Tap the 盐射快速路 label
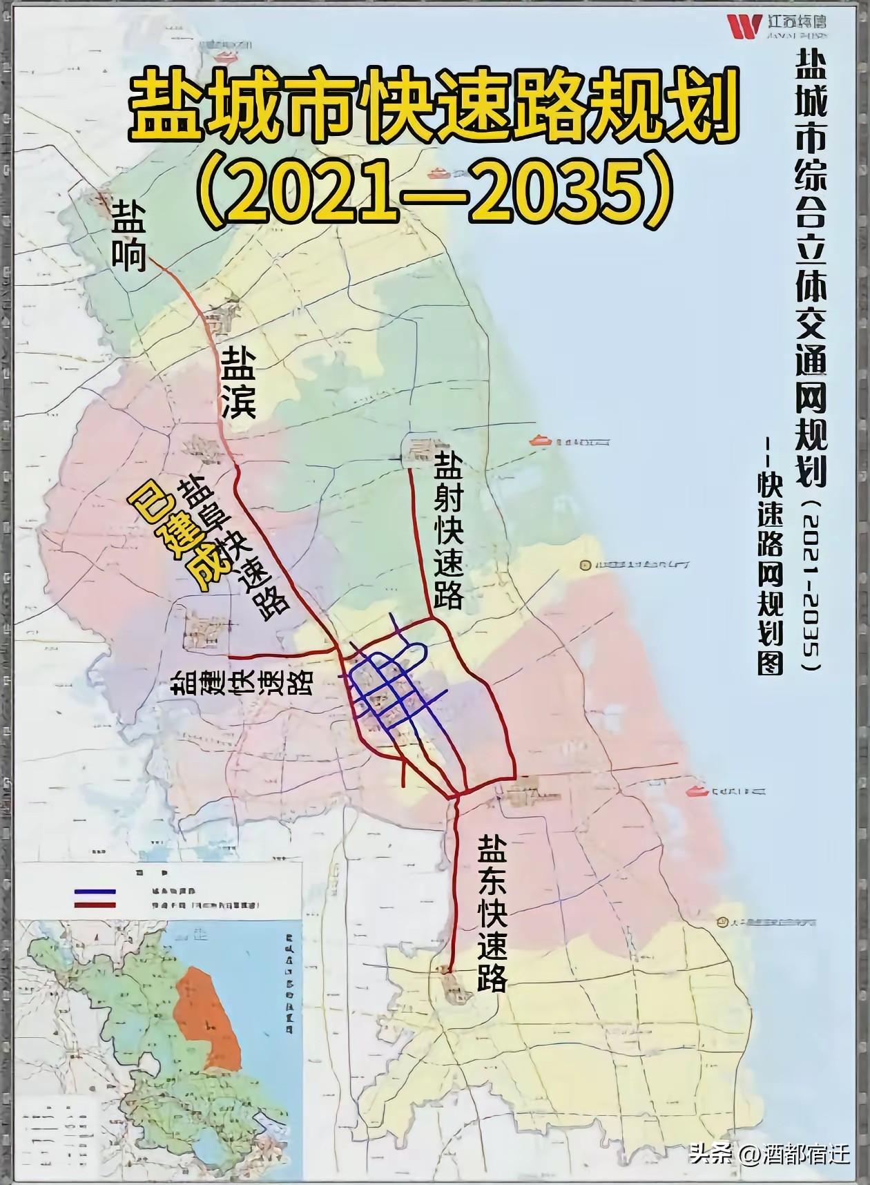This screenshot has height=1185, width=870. pos(447,530)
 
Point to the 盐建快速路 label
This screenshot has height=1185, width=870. pos(242,682)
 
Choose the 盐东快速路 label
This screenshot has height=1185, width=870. pos(493,913)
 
